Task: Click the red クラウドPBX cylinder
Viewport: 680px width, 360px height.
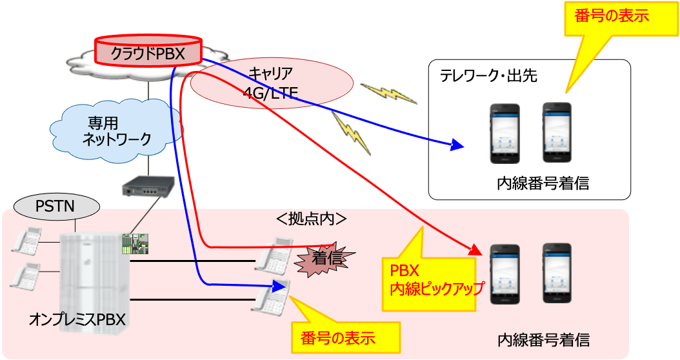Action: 148,52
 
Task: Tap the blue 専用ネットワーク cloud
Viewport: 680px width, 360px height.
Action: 117,128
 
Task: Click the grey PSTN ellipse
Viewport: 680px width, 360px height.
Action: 57,207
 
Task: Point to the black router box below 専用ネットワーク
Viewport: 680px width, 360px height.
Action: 148,186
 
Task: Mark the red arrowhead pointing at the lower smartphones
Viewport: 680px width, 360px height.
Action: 477,250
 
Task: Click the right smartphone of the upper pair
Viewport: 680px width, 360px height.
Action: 557,133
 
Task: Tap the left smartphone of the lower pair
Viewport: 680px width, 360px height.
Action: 505,274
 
